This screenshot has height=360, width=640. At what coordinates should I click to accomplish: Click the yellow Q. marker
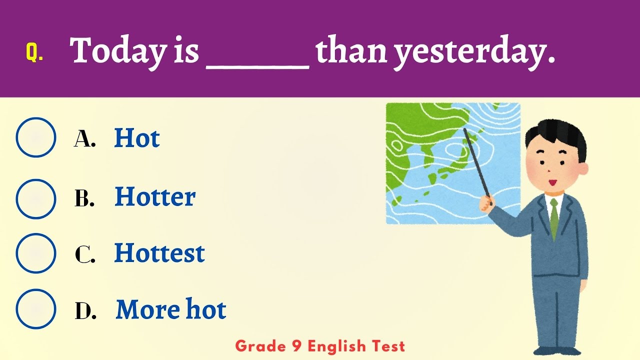(34, 52)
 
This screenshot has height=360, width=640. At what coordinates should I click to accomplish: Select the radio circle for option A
(36, 137)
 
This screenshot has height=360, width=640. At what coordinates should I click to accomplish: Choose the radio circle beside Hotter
(36, 198)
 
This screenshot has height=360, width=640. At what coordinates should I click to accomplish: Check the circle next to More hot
(36, 309)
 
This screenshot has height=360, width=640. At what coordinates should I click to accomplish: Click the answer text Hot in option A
(136, 138)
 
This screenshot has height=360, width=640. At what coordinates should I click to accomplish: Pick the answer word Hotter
(154, 197)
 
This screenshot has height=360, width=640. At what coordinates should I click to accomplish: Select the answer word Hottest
(159, 253)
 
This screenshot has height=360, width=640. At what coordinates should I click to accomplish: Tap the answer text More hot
(171, 309)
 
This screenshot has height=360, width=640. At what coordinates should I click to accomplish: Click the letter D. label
(85, 311)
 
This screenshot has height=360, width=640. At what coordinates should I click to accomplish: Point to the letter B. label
(84, 199)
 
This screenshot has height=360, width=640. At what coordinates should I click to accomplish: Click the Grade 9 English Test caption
(320, 345)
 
